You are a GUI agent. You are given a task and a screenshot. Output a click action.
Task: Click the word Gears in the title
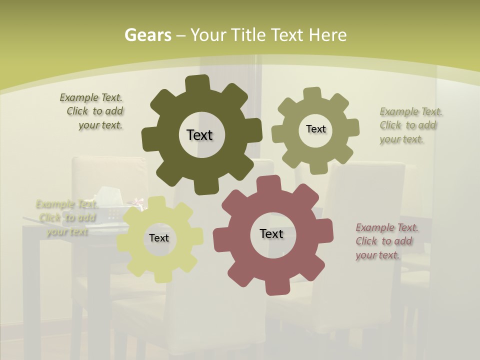[148, 35]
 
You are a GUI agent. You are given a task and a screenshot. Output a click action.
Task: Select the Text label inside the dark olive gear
[199, 135]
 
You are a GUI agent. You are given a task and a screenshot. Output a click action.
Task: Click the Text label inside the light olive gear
[315, 129]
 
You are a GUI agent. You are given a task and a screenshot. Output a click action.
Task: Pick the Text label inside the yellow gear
[159, 238]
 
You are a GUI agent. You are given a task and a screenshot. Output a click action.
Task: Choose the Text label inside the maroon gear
[271, 233]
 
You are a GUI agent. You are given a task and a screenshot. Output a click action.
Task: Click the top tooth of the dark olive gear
[197, 83]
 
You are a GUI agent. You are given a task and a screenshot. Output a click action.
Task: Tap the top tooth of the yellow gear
[157, 202]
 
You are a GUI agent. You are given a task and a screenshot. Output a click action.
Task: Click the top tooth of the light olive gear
[312, 94]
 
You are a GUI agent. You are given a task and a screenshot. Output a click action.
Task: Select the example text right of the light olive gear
[410, 125]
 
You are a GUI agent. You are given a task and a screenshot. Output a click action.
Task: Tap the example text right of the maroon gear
[386, 241]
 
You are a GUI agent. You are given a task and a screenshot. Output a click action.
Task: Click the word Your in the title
[209, 35]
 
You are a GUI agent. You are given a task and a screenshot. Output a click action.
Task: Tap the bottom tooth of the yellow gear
[161, 275]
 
